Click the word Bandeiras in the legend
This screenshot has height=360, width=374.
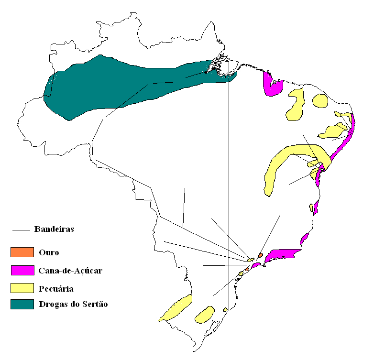(x=54, y=229)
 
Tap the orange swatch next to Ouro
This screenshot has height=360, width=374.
(x=22, y=252)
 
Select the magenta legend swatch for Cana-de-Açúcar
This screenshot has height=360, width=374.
(x=22, y=270)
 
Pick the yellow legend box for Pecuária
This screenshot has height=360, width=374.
(x=22, y=288)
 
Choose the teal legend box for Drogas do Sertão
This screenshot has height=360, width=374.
(x=22, y=304)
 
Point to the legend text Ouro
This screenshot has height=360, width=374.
(x=49, y=252)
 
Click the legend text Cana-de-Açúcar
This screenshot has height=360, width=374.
(x=71, y=271)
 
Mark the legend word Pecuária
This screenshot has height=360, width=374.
(x=56, y=288)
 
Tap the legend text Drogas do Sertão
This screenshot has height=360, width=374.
(x=73, y=305)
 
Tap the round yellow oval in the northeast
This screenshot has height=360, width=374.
(x=320, y=100)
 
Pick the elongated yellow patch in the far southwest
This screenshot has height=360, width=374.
(x=176, y=307)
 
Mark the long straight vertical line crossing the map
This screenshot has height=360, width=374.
(x=229, y=191)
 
